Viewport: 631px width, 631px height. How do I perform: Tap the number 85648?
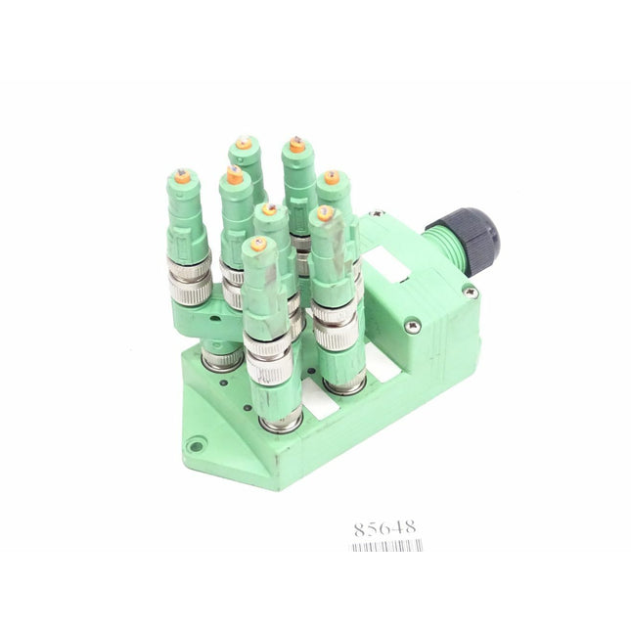tap(384, 528)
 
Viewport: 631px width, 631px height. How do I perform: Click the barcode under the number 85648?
tap(385, 546)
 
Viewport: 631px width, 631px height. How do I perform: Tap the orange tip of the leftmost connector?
tap(181, 177)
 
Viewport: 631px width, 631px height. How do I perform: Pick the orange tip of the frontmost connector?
tap(257, 245)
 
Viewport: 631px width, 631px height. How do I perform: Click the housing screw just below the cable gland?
tap(471, 291)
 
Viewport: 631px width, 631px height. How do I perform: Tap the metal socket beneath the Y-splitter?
tap(222, 360)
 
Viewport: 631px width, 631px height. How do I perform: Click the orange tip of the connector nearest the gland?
tap(332, 178)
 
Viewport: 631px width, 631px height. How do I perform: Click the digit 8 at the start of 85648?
tap(359, 528)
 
